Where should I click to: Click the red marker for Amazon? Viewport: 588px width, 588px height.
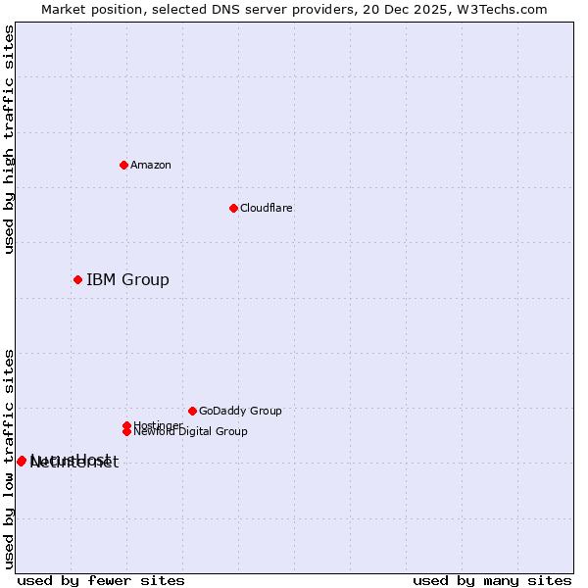click(x=124, y=165)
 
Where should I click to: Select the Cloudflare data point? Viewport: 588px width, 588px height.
click(x=233, y=208)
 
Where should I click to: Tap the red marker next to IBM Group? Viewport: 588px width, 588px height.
click(x=77, y=280)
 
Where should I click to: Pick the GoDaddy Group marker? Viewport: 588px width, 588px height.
click(x=192, y=411)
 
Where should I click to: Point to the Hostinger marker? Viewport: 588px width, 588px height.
click(x=126, y=425)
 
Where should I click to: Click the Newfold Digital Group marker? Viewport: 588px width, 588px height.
click(x=127, y=431)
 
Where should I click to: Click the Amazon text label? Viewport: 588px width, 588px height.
click(x=151, y=165)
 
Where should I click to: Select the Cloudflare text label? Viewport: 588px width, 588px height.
click(x=267, y=208)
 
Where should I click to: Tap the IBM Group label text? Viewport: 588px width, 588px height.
click(x=127, y=280)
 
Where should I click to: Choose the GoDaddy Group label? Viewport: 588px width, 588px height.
click(x=240, y=411)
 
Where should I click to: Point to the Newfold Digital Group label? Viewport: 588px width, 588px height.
click(x=191, y=432)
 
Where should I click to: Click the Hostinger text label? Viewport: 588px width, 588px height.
click(x=158, y=424)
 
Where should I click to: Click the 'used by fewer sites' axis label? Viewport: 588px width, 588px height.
click(x=101, y=581)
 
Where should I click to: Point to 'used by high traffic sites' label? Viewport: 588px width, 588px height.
click(x=9, y=140)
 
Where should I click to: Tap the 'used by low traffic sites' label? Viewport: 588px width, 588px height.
click(x=9, y=459)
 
